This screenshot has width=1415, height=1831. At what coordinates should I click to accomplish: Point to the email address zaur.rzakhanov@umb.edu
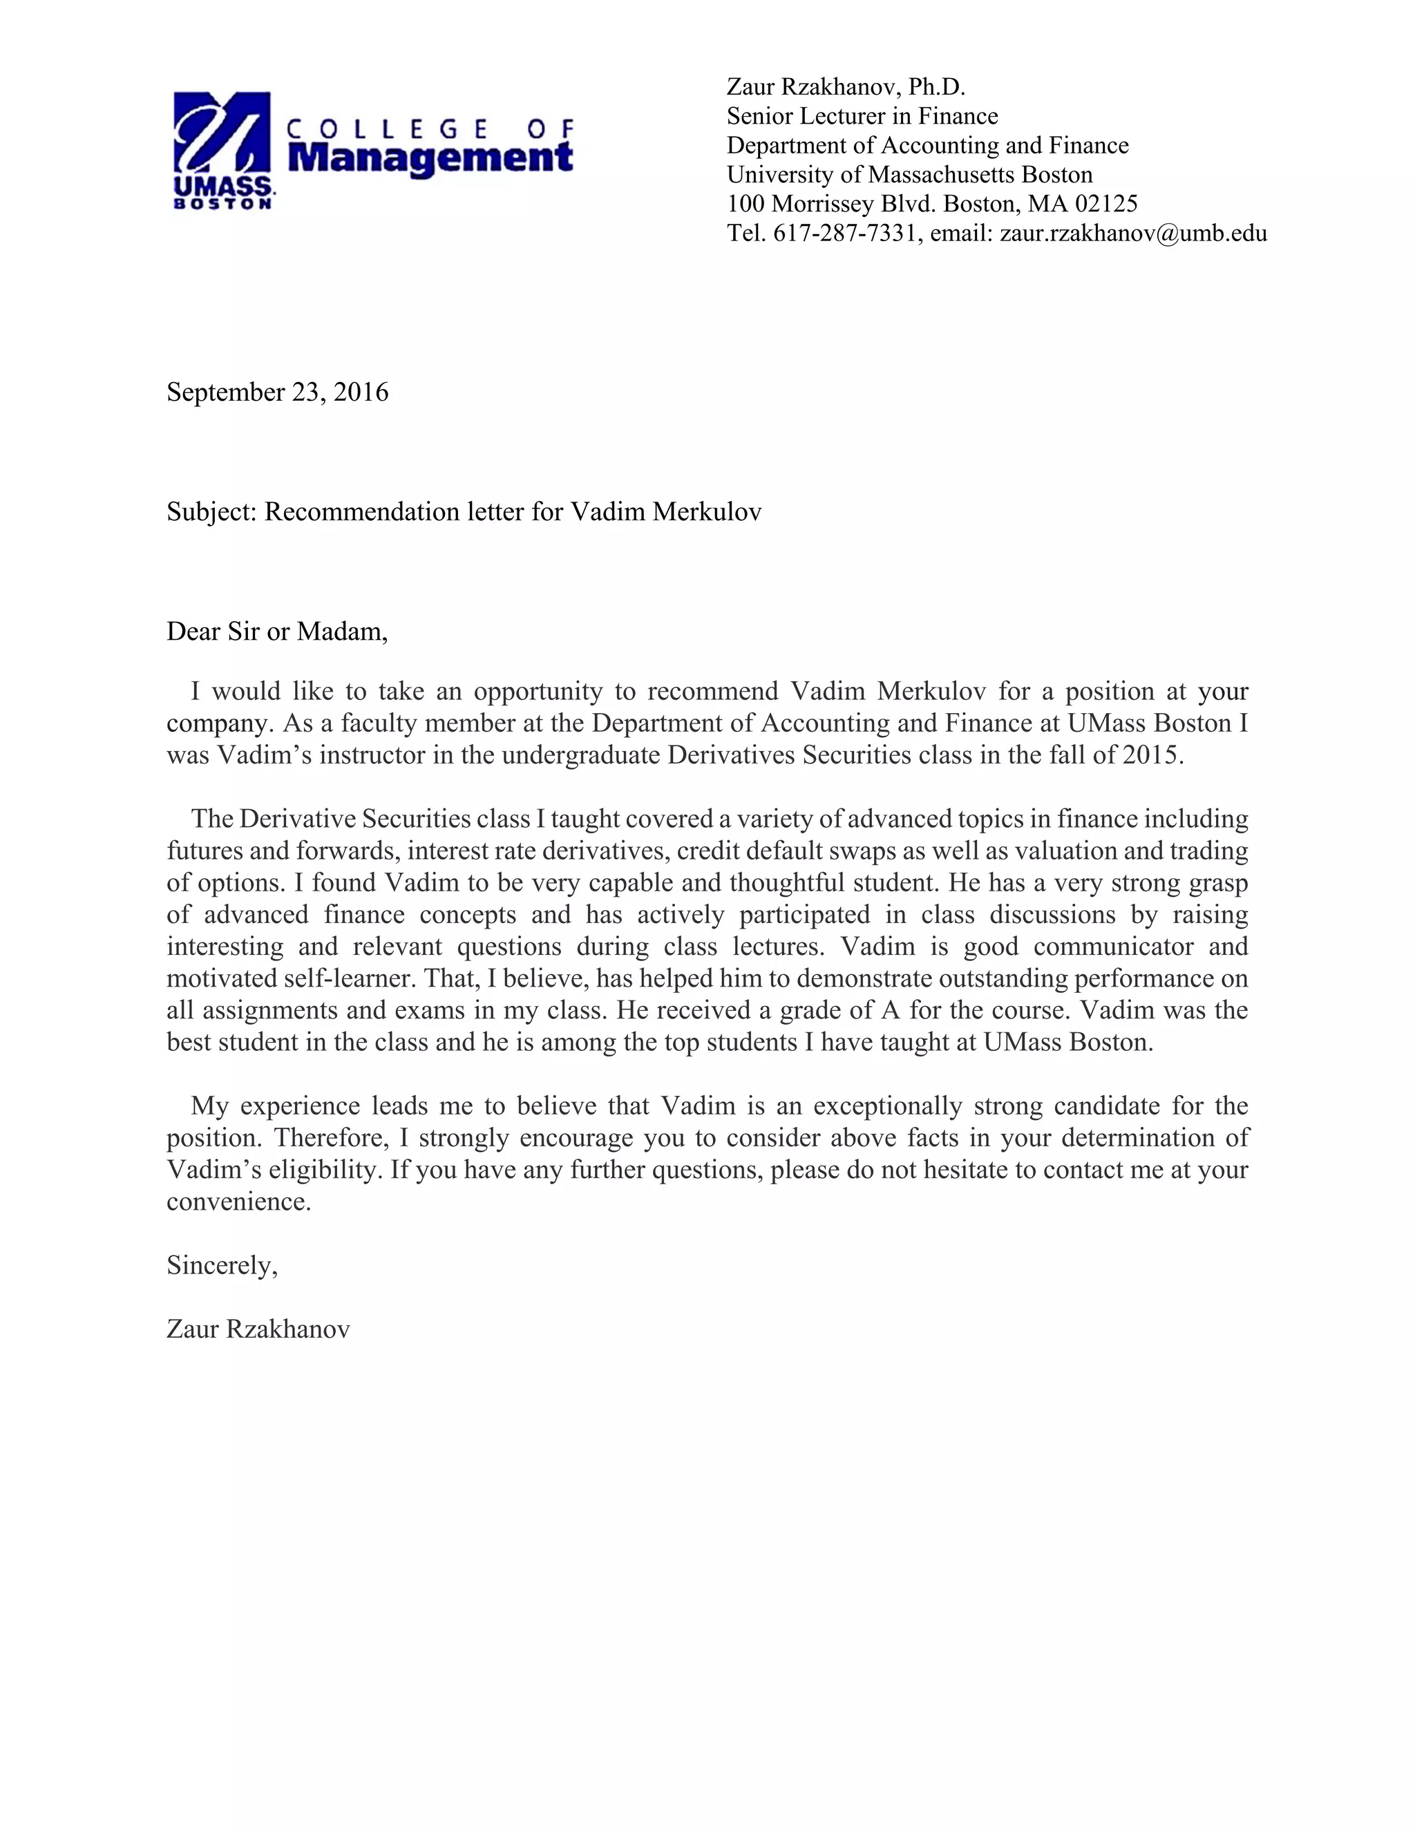(1132, 233)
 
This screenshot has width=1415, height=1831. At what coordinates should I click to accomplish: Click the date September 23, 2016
(278, 392)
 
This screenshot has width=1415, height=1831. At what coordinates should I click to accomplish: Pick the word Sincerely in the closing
(221, 1265)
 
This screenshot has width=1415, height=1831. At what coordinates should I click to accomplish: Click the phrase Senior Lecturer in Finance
(862, 115)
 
